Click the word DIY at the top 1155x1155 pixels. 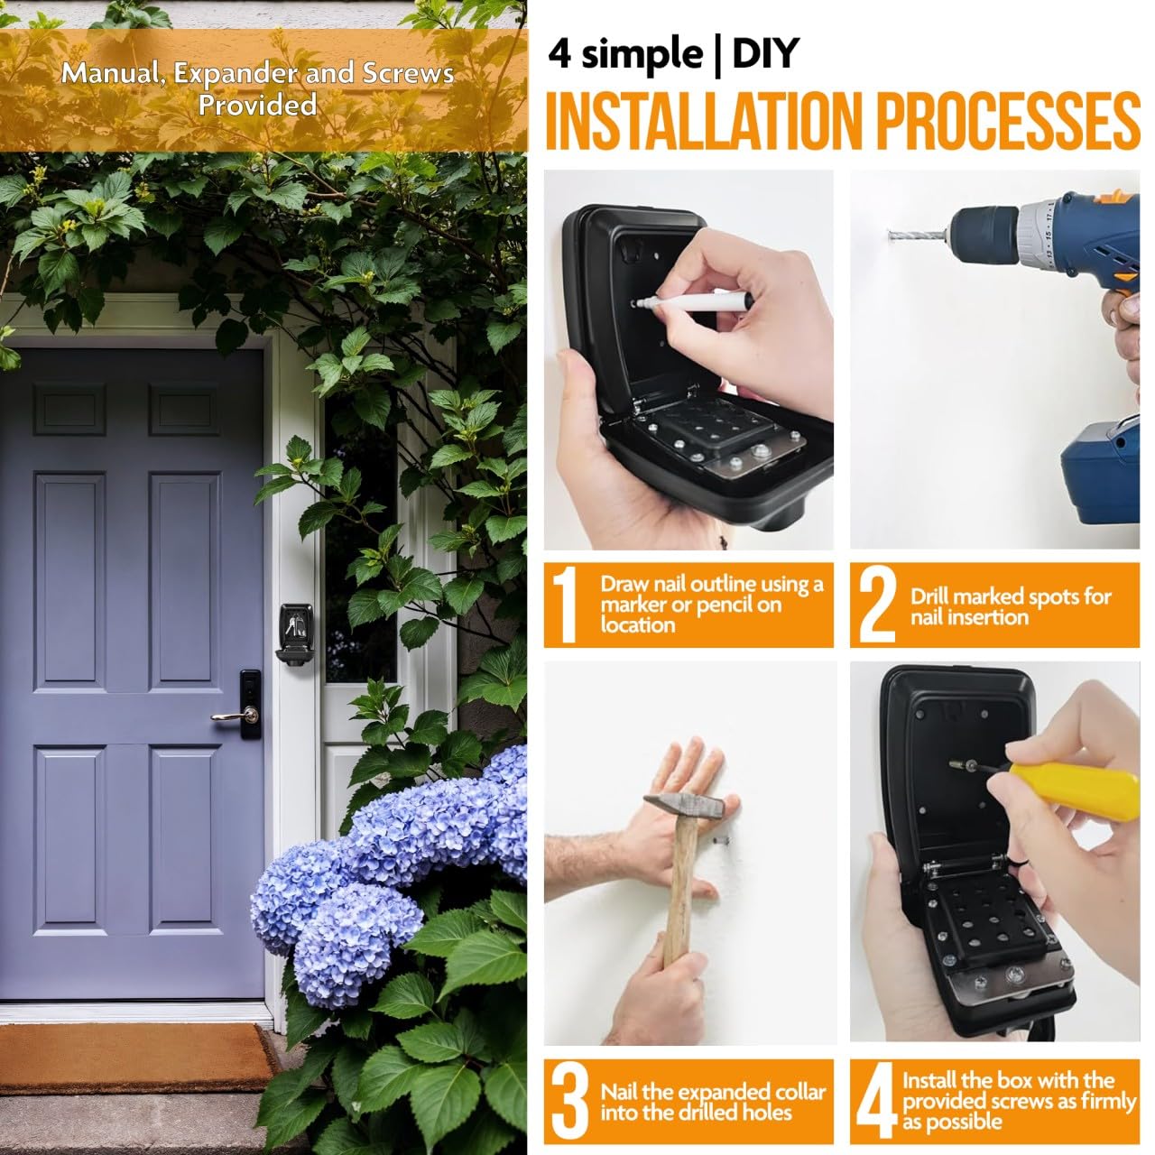[765, 53]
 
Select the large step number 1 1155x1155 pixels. [565, 605]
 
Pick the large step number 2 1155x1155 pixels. [877, 605]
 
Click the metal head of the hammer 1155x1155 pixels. [683, 807]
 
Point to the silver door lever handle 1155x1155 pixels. [235, 716]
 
